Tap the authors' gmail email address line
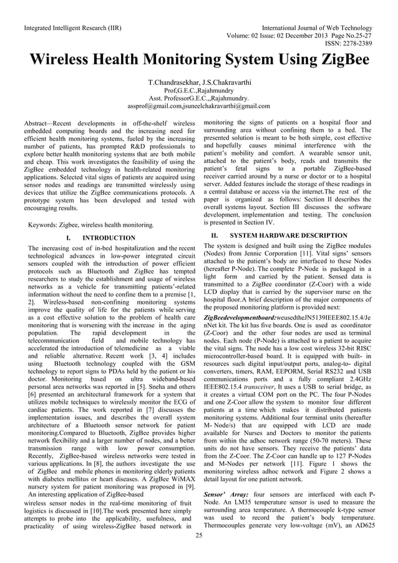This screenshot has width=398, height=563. [198, 105]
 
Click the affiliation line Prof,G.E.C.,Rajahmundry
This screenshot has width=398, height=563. [198, 91]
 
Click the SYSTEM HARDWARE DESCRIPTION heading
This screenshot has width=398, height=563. [280, 235]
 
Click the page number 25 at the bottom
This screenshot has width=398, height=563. [199, 535]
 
